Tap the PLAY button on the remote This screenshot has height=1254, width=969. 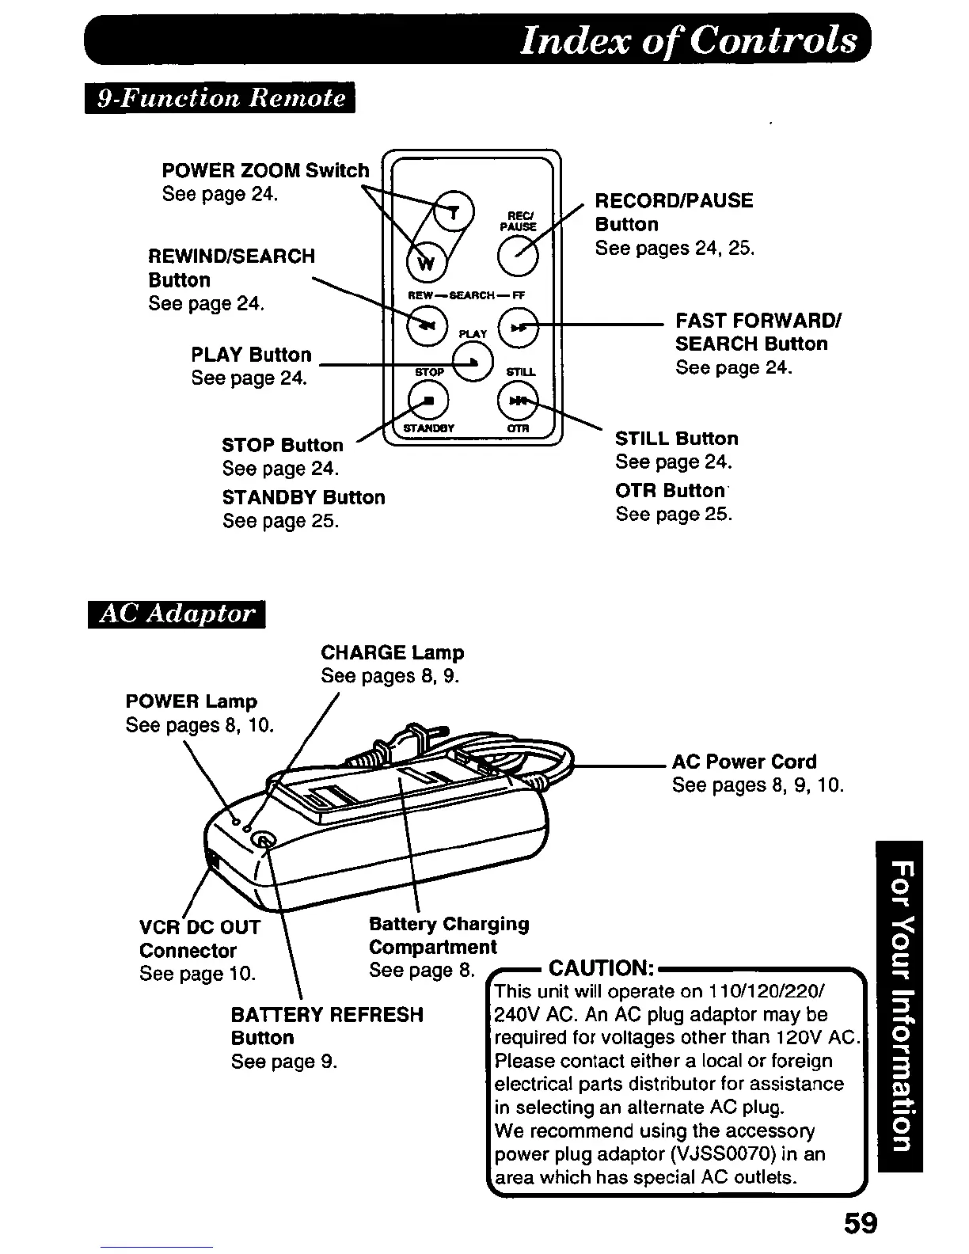point(473,363)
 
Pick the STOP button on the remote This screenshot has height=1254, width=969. point(427,401)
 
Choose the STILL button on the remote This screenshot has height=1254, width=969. point(518,401)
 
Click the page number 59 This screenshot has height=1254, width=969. point(860,1223)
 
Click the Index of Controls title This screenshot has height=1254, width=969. point(687,40)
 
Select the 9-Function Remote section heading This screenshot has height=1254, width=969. point(220,98)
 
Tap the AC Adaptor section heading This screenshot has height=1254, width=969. point(176,614)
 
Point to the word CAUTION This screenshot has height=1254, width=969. point(600,968)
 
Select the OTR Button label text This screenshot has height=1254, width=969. point(670,491)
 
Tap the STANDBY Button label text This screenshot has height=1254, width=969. point(303,497)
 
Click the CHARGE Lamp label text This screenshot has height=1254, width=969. point(392,652)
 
